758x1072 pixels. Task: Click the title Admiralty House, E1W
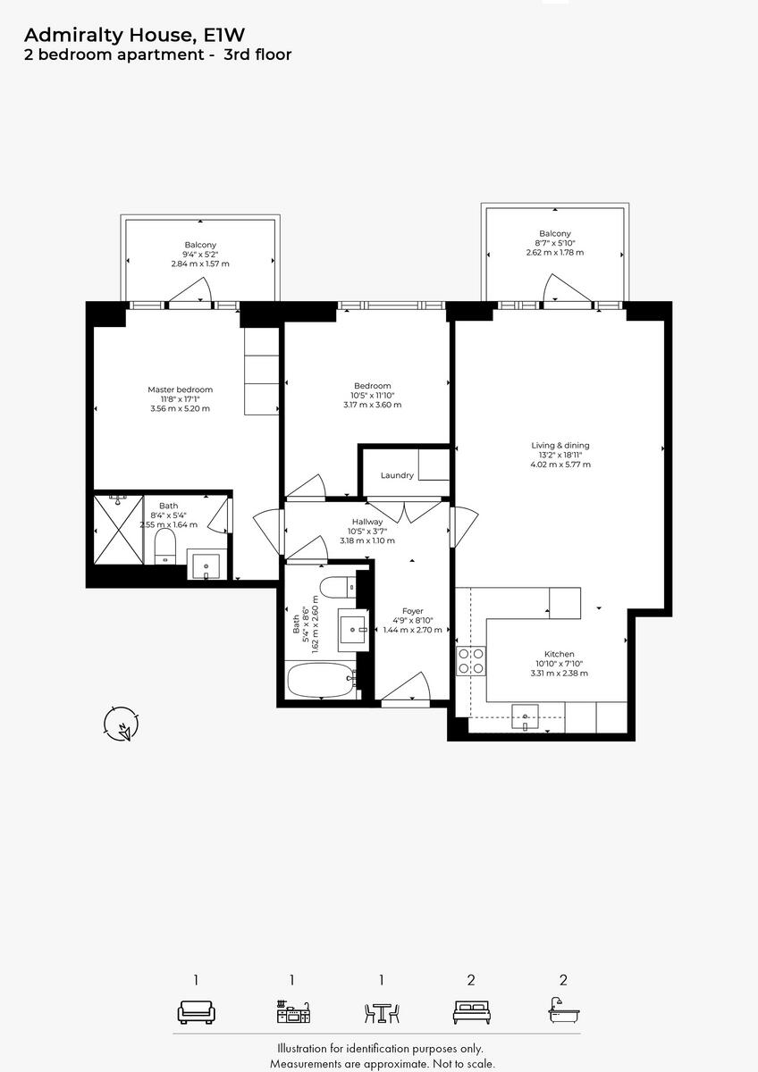[x=134, y=35]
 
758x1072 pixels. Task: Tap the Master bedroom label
[x=180, y=389]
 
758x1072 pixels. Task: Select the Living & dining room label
[x=560, y=445]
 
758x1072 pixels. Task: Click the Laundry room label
[x=397, y=475]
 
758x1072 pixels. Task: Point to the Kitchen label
[x=560, y=654]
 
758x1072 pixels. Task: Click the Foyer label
[x=412, y=611]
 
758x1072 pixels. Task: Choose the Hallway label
[x=367, y=522]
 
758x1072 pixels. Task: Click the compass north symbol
[x=120, y=724]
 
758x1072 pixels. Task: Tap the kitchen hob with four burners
[x=471, y=660]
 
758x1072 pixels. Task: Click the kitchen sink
[x=527, y=716]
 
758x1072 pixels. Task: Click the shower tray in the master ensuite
[x=118, y=530]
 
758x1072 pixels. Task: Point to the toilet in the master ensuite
[x=165, y=546]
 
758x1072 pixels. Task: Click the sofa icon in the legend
[x=196, y=1012]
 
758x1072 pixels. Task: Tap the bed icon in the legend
[x=471, y=1012]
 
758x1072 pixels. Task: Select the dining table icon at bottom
[x=382, y=1012]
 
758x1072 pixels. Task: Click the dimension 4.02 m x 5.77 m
[x=560, y=465]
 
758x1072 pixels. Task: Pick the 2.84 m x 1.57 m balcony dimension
[x=200, y=264]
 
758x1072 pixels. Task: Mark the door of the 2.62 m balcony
[x=563, y=290]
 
